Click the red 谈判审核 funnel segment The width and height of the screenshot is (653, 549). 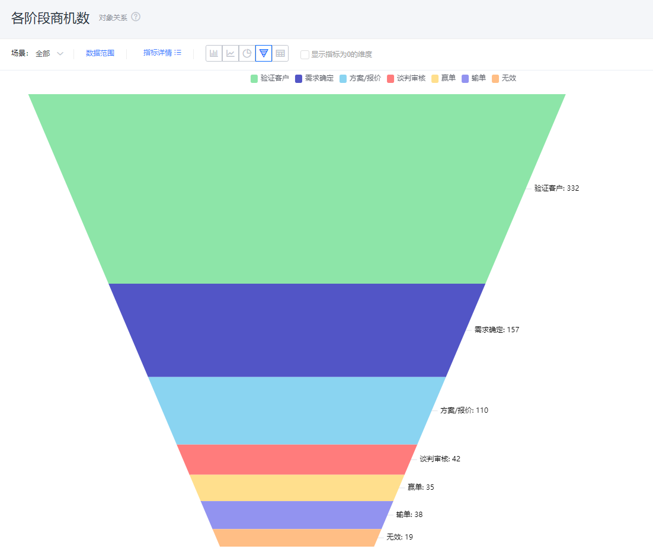click(297, 460)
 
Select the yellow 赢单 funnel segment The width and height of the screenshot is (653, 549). click(297, 488)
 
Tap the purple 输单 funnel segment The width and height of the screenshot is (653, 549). click(297, 515)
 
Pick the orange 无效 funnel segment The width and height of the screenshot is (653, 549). click(297, 538)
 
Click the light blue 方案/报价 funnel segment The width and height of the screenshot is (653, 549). click(297, 411)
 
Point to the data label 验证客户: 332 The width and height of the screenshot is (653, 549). click(556, 188)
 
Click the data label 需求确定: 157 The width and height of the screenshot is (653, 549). click(497, 330)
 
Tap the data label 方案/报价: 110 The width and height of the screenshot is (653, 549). click(464, 410)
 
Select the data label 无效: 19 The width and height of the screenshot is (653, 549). click(399, 537)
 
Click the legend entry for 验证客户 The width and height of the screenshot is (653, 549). click(270, 78)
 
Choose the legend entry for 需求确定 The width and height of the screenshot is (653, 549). click(314, 78)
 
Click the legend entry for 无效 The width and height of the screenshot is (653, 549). click(504, 78)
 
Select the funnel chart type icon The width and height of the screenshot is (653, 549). click(264, 53)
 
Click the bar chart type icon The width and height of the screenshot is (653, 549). click(214, 53)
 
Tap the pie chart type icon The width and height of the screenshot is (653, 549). click(247, 53)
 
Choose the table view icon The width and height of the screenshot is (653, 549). click(280, 53)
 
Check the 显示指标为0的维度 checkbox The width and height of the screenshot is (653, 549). click(305, 54)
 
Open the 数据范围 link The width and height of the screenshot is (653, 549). click(100, 53)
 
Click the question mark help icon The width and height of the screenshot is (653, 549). click(136, 17)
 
